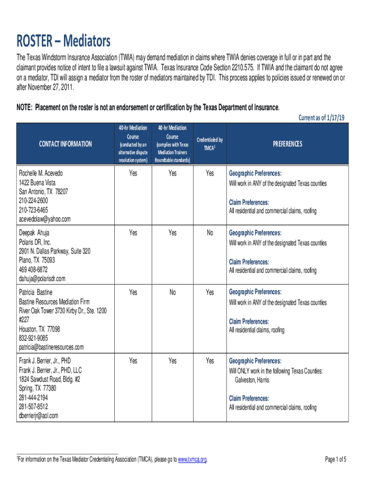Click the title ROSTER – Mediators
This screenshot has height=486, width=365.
[64, 42]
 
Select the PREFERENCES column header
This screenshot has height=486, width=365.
[287, 144]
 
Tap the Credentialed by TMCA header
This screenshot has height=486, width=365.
[210, 144]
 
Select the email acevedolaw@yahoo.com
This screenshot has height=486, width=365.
[45, 219]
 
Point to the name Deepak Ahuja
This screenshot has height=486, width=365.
[34, 233]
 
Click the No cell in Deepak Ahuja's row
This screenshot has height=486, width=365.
[210, 233]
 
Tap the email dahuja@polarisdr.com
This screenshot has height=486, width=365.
[42, 278]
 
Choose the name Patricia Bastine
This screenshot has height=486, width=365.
[36, 292]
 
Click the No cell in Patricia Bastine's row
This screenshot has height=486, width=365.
[173, 292]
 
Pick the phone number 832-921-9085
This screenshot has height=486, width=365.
[33, 338]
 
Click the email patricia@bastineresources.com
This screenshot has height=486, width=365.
[51, 347]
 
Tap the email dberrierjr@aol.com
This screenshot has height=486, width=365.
[38, 416]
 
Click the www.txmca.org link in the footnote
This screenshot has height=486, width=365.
[192, 459]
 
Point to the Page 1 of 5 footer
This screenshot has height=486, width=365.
[336, 459]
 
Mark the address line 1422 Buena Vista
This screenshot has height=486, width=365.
[37, 183]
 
